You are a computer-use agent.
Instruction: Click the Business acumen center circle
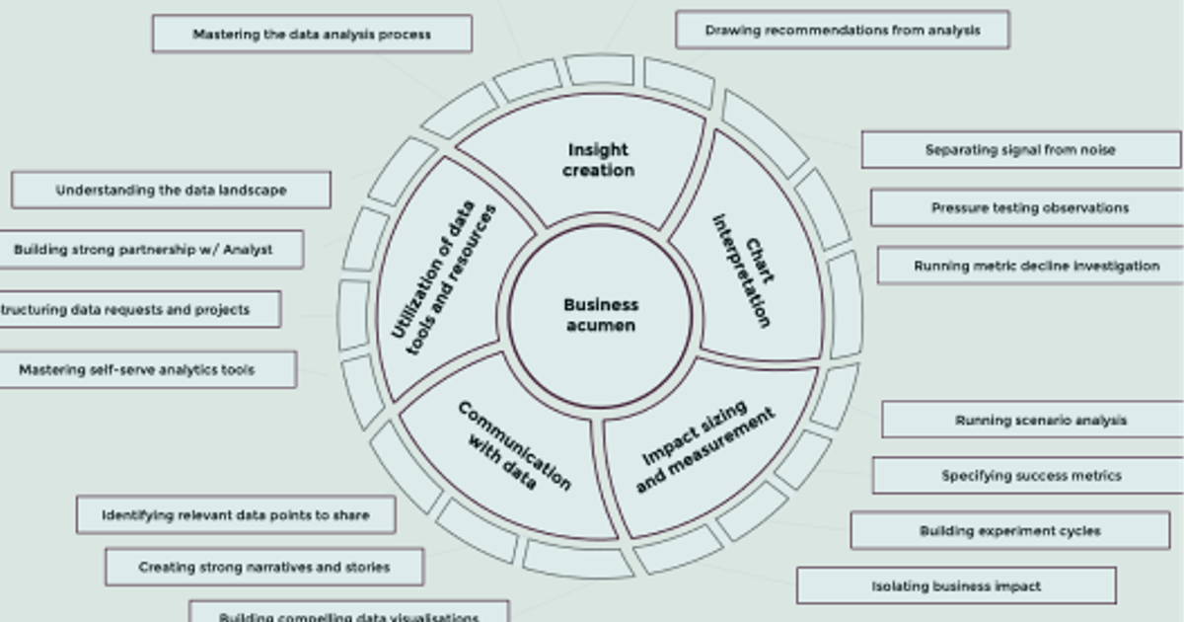click(x=600, y=316)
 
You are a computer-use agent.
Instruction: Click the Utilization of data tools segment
click(x=444, y=281)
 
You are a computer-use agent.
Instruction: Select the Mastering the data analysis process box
click(x=312, y=34)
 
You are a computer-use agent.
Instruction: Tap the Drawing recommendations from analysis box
click(x=842, y=30)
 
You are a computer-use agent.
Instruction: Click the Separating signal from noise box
click(x=1020, y=150)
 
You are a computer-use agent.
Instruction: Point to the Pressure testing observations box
click(x=1029, y=208)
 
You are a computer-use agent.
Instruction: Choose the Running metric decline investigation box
click(x=1035, y=266)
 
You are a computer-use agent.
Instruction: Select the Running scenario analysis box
click(x=1040, y=420)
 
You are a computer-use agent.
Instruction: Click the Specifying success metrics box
click(x=1030, y=476)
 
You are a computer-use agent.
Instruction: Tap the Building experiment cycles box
click(x=1009, y=531)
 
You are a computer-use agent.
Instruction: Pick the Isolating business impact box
click(x=955, y=586)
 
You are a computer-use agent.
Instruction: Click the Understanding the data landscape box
click(x=171, y=191)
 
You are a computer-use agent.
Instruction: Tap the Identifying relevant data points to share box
click(x=236, y=515)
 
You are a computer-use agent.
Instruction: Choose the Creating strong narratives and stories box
click(x=264, y=568)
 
